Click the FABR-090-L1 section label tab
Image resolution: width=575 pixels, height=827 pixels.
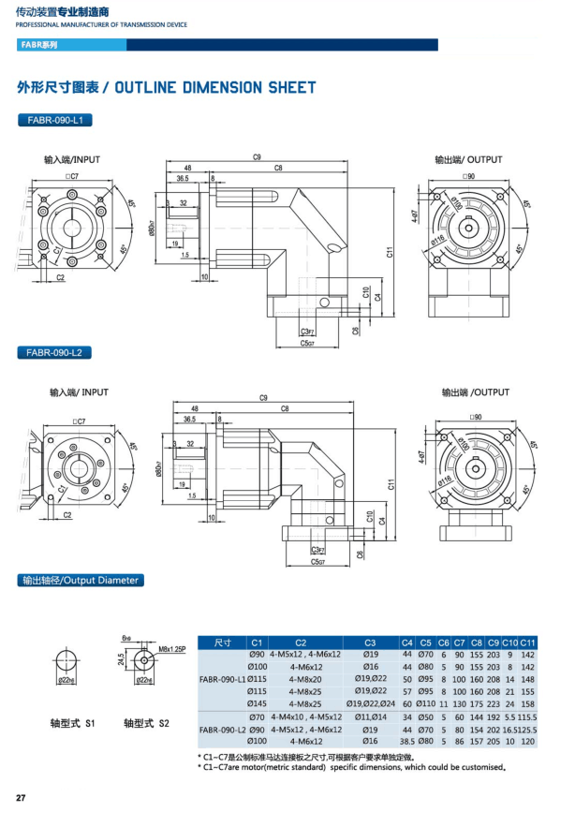[53, 120]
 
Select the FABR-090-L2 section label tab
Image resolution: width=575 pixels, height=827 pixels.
[53, 353]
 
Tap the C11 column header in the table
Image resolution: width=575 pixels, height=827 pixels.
[527, 642]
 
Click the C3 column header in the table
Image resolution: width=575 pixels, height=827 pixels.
[371, 642]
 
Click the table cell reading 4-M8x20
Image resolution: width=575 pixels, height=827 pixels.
[306, 678]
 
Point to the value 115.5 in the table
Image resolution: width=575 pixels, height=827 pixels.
[527, 716]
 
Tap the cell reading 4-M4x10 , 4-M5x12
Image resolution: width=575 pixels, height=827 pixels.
[306, 716]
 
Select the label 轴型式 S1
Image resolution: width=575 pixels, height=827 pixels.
[73, 723]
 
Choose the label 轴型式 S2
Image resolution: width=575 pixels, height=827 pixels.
[146, 723]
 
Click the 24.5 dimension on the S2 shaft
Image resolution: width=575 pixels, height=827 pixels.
[120, 660]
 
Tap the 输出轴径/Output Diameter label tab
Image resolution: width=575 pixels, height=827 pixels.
[81, 581]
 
